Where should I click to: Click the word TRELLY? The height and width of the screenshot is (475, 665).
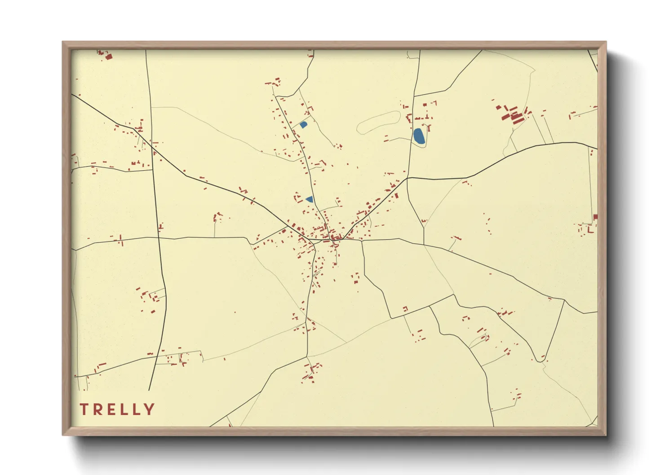pos(117,409)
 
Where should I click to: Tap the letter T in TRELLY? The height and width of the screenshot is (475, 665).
pos(84,409)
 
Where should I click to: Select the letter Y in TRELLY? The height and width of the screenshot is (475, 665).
pos(150,409)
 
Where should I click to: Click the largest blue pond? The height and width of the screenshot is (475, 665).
pos(419,136)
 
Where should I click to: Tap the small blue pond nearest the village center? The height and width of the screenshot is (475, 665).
pos(309,199)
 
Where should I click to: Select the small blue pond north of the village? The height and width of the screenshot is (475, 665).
pos(303,124)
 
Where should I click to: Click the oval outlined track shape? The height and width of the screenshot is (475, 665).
pos(379,122)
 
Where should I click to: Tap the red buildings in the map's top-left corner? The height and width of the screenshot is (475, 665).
pos(106,55)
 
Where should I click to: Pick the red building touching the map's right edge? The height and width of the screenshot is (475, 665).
pos(595,217)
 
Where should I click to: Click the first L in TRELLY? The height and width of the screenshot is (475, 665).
pos(123,409)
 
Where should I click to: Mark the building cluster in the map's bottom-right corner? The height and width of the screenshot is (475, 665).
pos(517,396)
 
